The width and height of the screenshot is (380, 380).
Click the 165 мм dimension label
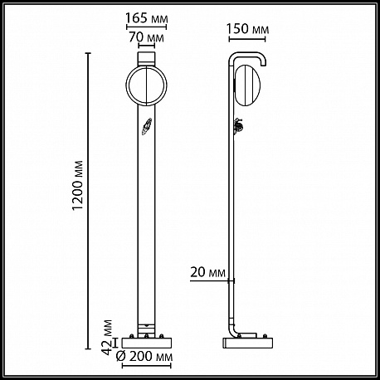coord(147,18)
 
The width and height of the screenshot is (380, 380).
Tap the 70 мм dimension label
coord(146,37)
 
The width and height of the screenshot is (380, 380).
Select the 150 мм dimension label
coord(248,29)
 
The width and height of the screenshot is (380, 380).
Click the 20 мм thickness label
coord(207,272)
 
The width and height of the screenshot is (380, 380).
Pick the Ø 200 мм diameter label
coord(144,357)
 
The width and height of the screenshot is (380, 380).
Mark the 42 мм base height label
coord(107,338)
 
